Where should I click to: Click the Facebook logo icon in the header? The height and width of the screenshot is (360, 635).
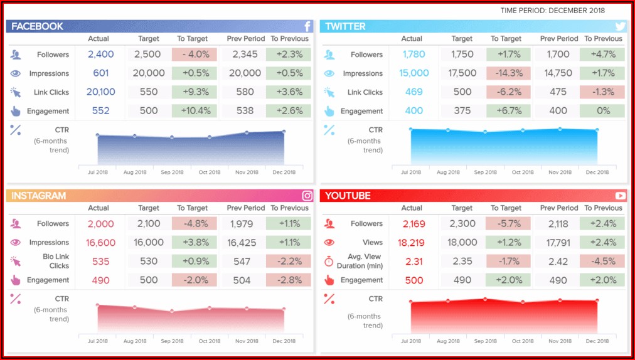[x=307, y=26]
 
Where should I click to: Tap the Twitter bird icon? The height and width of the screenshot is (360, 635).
[x=620, y=26]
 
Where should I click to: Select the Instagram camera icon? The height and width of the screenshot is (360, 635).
[x=307, y=196]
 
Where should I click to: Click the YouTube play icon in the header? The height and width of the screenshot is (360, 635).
[x=620, y=196]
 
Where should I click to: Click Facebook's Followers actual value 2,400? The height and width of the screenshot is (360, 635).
[x=100, y=55]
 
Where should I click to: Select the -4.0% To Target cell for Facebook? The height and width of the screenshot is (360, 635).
[x=194, y=55]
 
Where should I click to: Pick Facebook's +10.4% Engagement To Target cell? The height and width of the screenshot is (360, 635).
[x=194, y=111]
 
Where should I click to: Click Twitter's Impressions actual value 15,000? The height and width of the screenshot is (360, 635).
[x=414, y=73]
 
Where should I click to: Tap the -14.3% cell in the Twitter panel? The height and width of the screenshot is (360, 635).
[x=508, y=73]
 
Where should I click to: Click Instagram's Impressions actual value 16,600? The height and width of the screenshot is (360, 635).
[x=100, y=242]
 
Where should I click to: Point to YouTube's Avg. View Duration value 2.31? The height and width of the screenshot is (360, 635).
[x=414, y=262]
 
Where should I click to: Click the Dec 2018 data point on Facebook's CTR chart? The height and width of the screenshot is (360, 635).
[x=284, y=132]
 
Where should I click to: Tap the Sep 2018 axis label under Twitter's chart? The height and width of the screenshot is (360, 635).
[x=485, y=172]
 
